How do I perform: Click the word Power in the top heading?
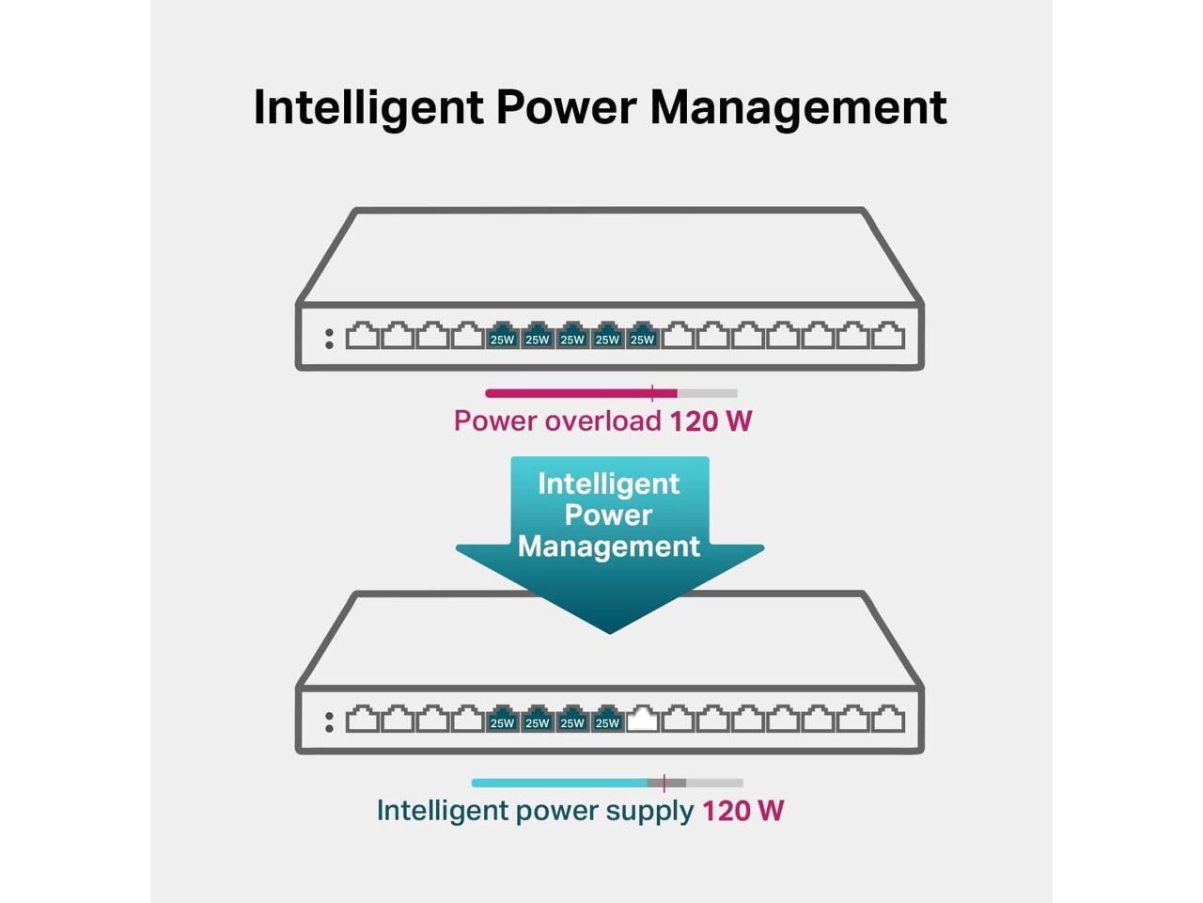[567, 107]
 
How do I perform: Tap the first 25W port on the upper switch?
[502, 335]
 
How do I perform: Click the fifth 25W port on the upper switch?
[642, 335]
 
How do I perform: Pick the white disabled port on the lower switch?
[642, 719]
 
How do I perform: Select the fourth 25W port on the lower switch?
[607, 719]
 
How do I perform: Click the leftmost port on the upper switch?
[362, 335]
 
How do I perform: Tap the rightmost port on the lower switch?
[888, 719]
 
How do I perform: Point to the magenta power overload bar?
[582, 393]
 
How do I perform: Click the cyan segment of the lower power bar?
[559, 783]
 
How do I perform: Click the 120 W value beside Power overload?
[711, 421]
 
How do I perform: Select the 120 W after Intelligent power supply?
[742, 811]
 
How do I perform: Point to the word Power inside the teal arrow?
[608, 515]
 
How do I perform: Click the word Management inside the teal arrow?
[609, 547]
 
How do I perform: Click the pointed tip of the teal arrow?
[609, 633]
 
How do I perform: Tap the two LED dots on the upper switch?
[329, 339]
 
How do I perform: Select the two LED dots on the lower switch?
[329, 722]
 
